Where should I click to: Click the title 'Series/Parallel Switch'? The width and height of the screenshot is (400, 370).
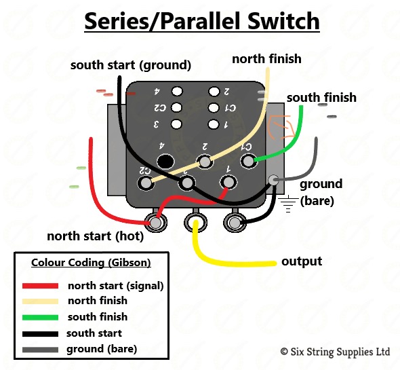202,21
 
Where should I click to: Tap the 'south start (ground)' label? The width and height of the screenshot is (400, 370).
131,65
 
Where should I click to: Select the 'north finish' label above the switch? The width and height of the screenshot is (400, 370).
266,59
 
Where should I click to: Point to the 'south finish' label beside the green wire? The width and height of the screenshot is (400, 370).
321,97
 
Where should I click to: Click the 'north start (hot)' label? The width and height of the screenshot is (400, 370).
95,236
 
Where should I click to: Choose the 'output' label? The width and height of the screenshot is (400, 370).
302,261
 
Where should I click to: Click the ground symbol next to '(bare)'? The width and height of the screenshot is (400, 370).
288,204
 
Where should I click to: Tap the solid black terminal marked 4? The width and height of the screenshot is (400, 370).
165,162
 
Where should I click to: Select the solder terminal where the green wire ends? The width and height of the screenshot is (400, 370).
248,161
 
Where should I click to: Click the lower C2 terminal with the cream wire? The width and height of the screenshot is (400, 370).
146,183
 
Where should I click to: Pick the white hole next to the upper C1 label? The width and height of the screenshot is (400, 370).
214,107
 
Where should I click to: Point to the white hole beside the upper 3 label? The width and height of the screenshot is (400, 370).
176,124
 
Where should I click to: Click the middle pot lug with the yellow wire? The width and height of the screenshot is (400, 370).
196,222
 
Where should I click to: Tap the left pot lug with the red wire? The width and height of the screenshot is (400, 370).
156,223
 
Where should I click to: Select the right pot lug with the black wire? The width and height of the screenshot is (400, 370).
235,223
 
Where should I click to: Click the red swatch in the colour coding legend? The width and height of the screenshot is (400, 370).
40,286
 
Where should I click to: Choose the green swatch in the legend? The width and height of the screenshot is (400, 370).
40,317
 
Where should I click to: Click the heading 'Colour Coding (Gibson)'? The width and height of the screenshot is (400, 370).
91,263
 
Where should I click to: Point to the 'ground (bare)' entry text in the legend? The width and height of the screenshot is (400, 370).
102,349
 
